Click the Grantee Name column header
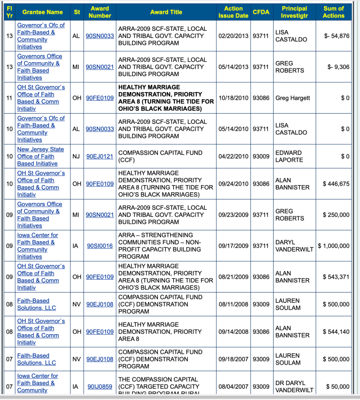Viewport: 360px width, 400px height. point(42,12)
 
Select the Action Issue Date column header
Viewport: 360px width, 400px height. point(233,12)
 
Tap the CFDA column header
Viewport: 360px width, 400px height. point(261,12)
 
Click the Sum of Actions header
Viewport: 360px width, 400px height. point(333,12)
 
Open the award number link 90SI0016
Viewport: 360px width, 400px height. point(100,246)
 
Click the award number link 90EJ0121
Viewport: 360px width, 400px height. point(100,156)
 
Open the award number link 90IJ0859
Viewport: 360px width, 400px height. point(100,386)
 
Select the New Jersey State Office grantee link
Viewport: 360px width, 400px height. point(41,156)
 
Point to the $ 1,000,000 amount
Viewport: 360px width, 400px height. point(334,246)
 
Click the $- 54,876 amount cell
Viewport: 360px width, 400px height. point(337,36)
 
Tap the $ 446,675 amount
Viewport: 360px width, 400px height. point(336,184)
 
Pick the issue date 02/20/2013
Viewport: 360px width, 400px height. point(233,36)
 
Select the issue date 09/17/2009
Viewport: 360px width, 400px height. point(233,246)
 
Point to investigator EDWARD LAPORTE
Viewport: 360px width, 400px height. point(290,156)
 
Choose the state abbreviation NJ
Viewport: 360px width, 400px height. point(77,156)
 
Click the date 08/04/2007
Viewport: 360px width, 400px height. point(233,386)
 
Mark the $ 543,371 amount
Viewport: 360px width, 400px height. point(336,277)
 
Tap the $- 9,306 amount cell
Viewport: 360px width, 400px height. point(338,67)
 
